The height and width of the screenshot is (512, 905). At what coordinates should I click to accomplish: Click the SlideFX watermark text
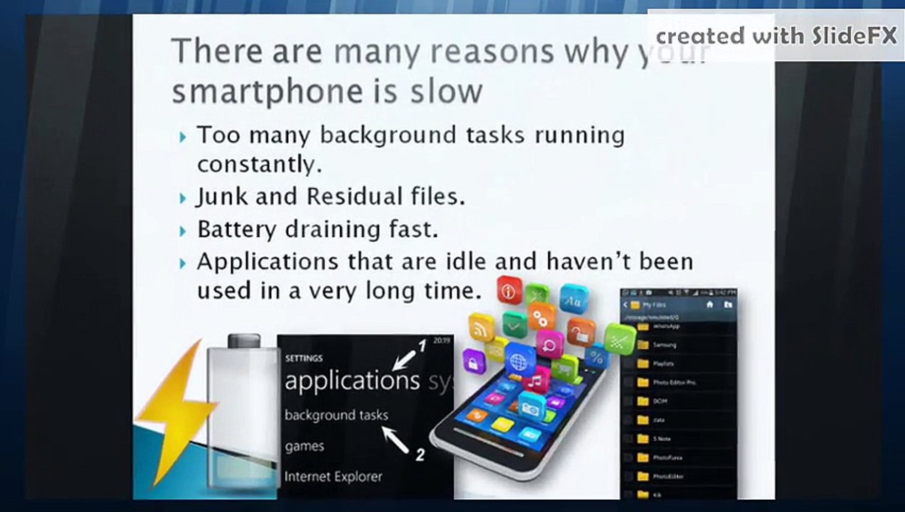(x=776, y=36)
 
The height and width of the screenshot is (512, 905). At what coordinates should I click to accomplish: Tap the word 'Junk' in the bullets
(x=223, y=196)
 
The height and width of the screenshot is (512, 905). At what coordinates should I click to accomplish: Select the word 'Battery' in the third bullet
(x=238, y=230)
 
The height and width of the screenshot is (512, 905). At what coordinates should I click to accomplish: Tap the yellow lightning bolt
(x=174, y=412)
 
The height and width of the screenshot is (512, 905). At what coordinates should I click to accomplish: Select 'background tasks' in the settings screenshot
(x=336, y=415)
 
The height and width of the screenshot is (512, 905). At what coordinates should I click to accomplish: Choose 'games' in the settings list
(x=305, y=447)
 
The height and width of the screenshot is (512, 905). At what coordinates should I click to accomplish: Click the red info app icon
(x=509, y=290)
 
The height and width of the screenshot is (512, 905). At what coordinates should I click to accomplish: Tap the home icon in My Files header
(x=709, y=304)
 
